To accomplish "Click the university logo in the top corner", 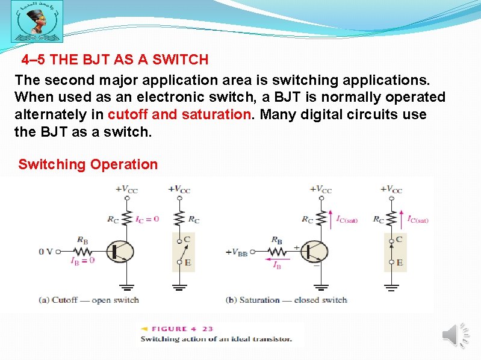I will click(x=37, y=24).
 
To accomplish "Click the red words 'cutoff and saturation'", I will click(x=178, y=114).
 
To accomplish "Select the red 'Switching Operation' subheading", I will click(x=88, y=164).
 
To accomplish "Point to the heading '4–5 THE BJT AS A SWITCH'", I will click(x=115, y=60).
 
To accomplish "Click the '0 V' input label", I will click(x=46, y=251).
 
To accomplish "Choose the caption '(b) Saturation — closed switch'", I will click(x=286, y=300).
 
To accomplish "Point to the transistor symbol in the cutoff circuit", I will click(x=120, y=251).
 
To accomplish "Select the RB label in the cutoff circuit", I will click(x=82, y=239).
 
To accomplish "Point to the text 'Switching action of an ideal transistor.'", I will click(x=216, y=339).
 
